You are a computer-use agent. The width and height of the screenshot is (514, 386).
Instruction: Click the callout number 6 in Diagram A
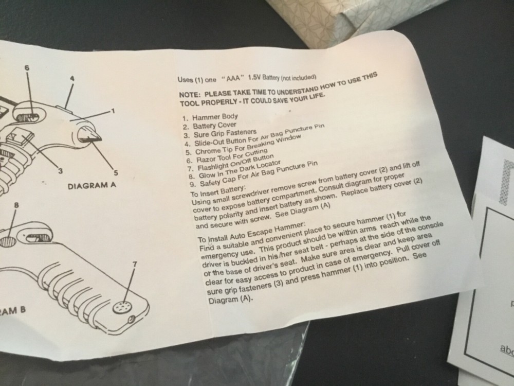click(27, 67)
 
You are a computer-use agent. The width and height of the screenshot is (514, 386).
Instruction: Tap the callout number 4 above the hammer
click(72, 79)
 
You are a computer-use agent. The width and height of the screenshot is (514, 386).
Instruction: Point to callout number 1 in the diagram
click(113, 111)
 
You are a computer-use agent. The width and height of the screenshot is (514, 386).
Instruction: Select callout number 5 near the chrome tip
click(115, 172)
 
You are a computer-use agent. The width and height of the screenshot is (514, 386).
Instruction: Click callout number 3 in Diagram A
click(60, 171)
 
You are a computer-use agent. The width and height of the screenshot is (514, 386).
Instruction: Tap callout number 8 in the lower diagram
click(16, 205)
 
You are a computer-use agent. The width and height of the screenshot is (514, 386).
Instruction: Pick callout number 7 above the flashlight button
click(134, 264)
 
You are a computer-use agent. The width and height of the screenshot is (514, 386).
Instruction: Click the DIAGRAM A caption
click(92, 185)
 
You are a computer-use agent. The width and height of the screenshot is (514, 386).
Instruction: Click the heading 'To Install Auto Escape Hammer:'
click(252, 232)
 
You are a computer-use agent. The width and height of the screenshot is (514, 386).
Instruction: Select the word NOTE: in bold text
click(190, 95)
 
